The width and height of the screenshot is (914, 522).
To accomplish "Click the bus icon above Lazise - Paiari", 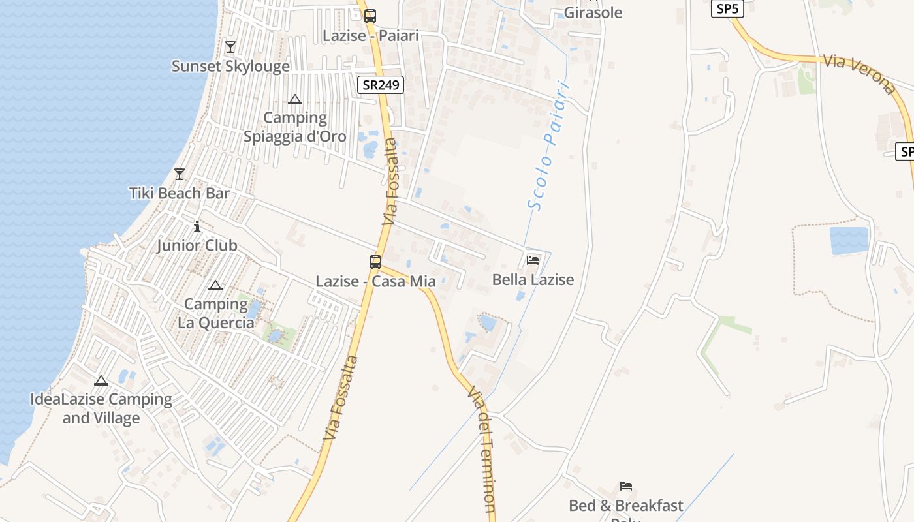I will [x=370, y=16].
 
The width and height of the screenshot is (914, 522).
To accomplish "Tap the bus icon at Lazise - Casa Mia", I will [x=375, y=262].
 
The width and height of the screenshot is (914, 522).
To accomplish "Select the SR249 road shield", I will [x=381, y=85].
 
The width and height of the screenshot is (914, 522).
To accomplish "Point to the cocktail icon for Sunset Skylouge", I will [x=230, y=47].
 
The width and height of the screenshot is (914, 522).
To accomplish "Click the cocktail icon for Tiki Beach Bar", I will [x=180, y=174].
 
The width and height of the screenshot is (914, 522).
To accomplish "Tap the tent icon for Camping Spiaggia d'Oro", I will [x=294, y=100].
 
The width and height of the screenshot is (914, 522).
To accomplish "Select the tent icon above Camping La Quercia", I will [x=215, y=286].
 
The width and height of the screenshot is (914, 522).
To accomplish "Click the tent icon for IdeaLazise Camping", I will [x=101, y=381].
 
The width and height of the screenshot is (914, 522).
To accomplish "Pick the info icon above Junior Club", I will [x=197, y=227].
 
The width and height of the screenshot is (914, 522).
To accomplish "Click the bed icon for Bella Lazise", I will [x=533, y=260].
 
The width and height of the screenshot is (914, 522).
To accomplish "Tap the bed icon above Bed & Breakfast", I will [x=626, y=486].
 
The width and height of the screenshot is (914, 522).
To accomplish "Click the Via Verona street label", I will [x=859, y=74].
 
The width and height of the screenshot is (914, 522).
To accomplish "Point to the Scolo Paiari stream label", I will [x=548, y=146].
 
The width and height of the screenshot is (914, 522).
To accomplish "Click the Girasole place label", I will [x=593, y=12].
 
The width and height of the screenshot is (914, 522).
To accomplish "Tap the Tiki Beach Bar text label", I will [x=180, y=193].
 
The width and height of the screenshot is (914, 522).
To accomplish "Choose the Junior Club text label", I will [x=197, y=246].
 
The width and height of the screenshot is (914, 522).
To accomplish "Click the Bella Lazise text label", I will [x=533, y=280].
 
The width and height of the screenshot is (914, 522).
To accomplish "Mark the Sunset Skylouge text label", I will [x=230, y=66].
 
